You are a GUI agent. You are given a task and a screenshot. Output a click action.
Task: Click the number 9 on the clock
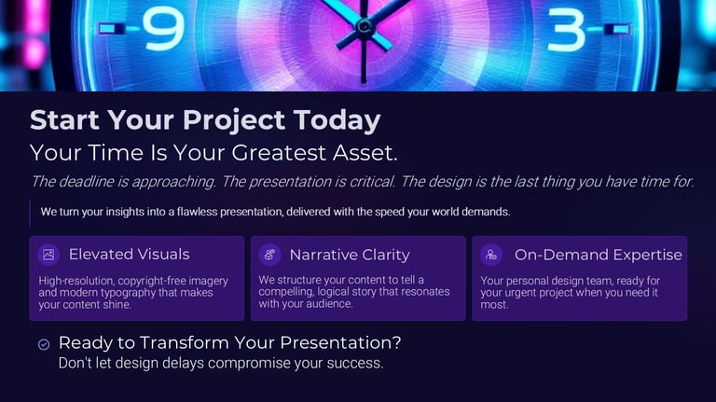(163, 30)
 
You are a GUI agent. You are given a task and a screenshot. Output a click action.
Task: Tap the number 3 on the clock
(566, 30)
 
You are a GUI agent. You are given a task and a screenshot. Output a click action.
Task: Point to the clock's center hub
(364, 26)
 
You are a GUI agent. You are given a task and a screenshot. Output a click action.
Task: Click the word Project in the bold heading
(234, 120)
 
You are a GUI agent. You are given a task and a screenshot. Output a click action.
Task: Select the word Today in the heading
(337, 120)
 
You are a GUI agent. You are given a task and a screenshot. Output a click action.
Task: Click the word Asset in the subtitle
(365, 153)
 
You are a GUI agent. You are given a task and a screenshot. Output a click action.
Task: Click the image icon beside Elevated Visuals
(48, 255)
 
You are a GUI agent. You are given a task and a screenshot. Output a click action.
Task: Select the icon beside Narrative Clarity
(269, 255)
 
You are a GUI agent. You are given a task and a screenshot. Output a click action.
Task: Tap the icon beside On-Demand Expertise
(491, 255)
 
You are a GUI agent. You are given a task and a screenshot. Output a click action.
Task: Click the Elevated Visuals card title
(130, 255)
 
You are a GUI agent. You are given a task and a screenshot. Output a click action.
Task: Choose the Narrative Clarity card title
(350, 255)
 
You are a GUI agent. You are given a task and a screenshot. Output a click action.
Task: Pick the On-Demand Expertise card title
(599, 255)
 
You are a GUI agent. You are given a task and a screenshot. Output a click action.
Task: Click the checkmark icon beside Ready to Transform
(44, 344)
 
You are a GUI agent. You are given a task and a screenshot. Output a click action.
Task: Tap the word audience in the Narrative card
(328, 304)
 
